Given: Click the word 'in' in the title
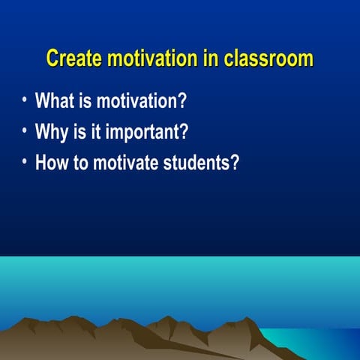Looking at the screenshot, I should [x=211, y=58].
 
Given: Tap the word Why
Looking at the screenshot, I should [x=52, y=132].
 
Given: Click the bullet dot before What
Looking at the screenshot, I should [x=25, y=100].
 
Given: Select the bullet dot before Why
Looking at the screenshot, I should [x=25, y=131].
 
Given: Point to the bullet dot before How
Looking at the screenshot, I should [x=25, y=162].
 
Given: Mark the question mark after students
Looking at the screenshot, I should [x=234, y=163].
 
